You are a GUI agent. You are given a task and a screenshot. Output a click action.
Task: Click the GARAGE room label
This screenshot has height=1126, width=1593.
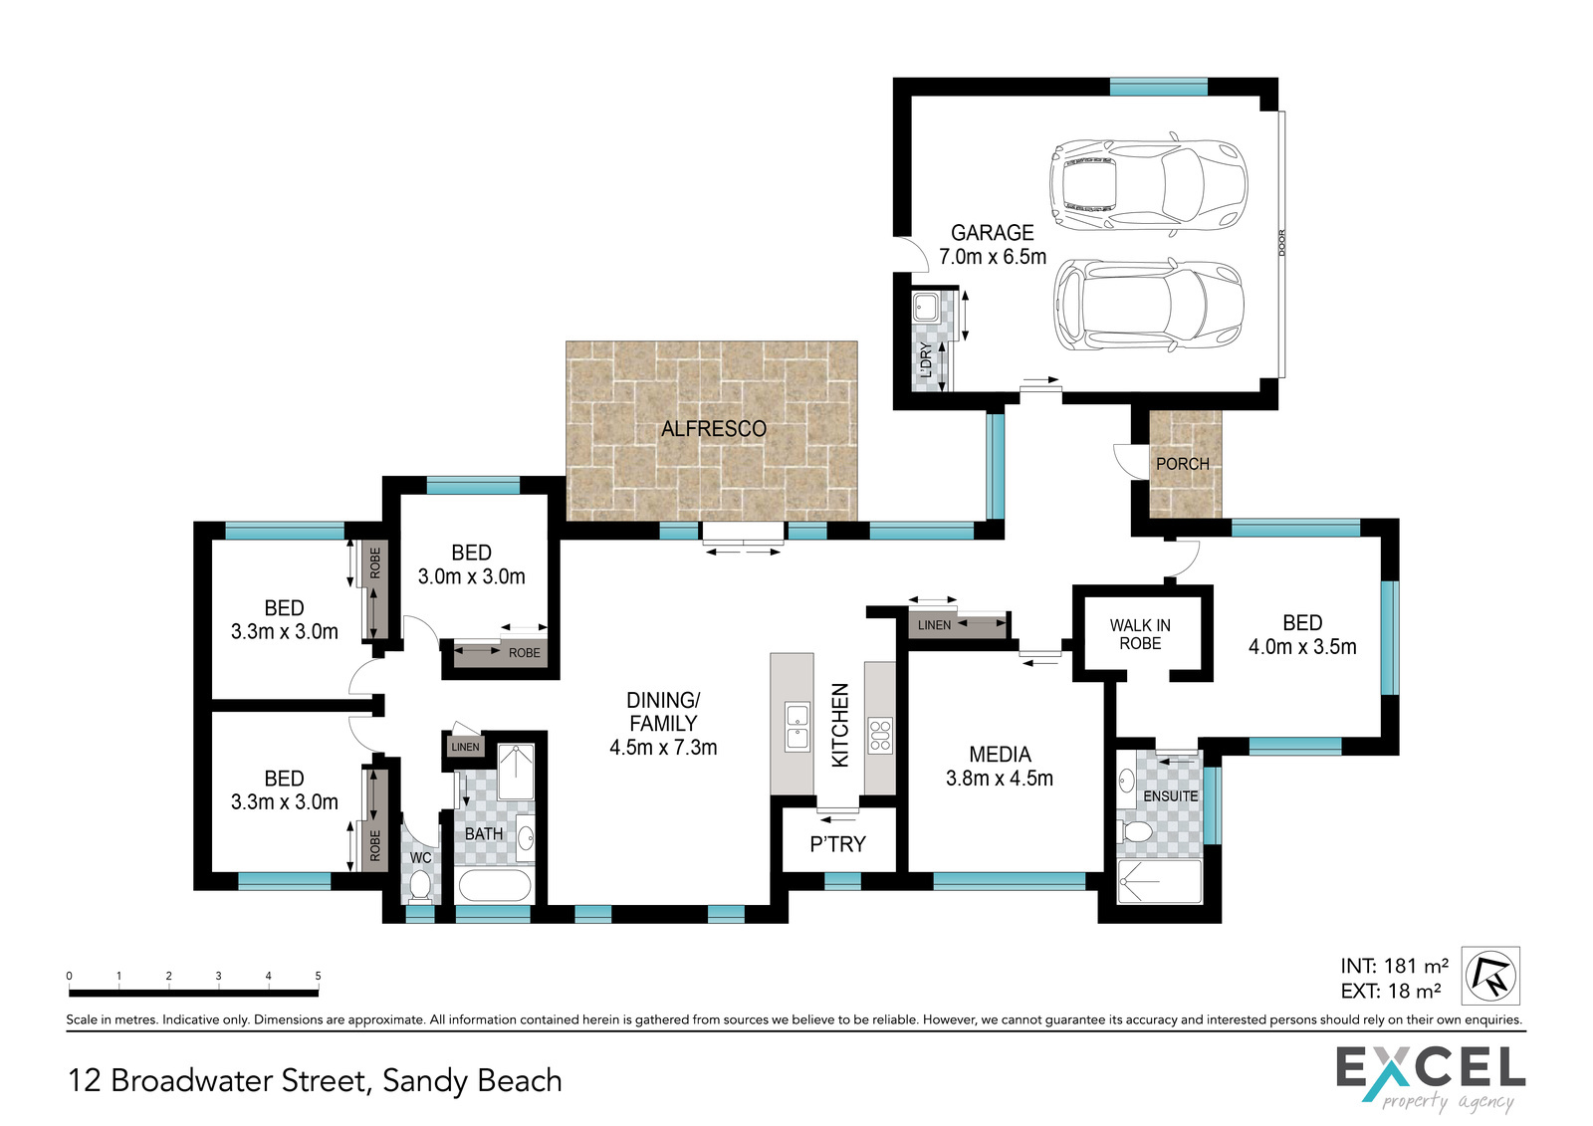992,233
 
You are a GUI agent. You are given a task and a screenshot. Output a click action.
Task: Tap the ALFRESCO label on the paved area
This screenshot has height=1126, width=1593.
714,429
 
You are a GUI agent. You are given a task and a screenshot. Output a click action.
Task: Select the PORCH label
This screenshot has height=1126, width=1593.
1183,464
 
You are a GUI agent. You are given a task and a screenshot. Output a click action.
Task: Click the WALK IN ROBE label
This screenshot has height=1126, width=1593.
1140,634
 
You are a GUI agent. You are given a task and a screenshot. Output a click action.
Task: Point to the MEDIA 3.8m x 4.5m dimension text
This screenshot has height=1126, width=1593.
1000,779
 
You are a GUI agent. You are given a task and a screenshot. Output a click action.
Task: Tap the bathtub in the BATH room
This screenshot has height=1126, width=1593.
494,886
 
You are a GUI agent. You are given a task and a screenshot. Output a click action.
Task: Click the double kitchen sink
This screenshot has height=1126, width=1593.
797,726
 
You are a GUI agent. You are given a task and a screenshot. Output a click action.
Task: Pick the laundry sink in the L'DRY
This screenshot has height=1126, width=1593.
925,308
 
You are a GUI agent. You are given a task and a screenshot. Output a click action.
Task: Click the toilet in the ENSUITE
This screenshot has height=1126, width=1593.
1135,830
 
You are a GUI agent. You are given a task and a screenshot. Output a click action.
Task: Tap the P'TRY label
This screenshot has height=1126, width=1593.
837,844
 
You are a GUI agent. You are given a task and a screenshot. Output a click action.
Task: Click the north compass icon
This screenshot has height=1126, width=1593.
1490,976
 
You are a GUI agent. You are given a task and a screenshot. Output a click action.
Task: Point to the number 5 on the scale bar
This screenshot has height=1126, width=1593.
318,976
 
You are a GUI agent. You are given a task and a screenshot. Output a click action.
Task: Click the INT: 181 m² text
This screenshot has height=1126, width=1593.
1395,966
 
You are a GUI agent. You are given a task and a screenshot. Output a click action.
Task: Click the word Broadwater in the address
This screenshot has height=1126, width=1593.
238,1080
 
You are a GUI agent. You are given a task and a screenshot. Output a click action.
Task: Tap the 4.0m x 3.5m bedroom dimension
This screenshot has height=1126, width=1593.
1302,646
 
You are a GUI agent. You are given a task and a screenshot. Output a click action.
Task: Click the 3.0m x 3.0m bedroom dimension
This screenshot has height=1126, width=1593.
472,576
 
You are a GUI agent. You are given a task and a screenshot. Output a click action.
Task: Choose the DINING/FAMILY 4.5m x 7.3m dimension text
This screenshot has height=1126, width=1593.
663,748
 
